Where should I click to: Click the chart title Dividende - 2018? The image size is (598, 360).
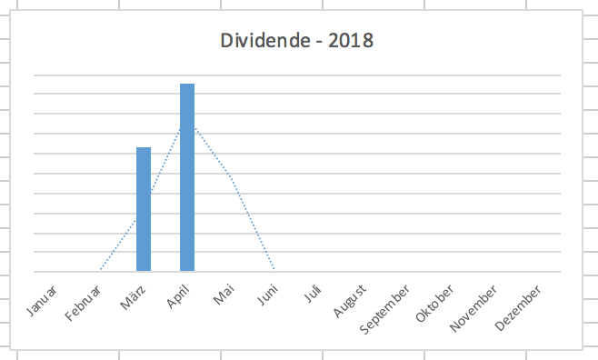tap(297, 41)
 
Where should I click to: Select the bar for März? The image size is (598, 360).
tap(144, 209)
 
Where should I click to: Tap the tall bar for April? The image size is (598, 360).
tap(187, 177)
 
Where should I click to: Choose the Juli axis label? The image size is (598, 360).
tap(312, 295)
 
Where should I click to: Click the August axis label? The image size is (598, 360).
tap(349, 301)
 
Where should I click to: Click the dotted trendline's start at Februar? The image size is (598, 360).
tap(100, 270)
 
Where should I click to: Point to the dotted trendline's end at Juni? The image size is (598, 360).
tap(274, 270)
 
